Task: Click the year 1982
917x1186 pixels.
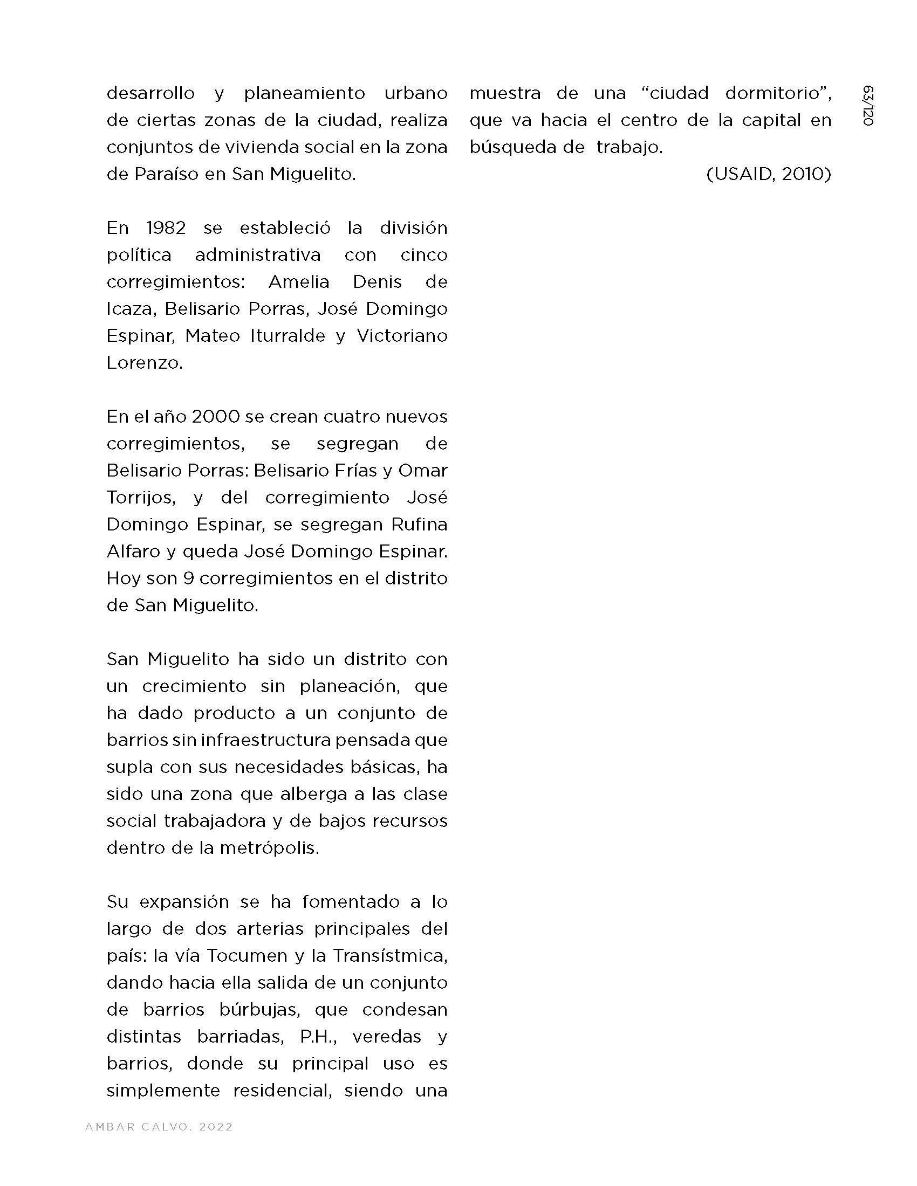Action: click(166, 227)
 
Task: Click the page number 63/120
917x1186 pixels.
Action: click(867, 106)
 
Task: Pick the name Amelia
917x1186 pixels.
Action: click(299, 282)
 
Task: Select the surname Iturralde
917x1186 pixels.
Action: click(288, 336)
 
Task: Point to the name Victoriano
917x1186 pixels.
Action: click(402, 336)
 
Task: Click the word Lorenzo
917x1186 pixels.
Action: click(144, 363)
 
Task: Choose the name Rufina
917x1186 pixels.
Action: click(419, 525)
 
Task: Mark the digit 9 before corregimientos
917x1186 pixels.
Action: click(188, 578)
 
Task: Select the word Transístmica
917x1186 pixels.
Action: click(390, 956)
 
